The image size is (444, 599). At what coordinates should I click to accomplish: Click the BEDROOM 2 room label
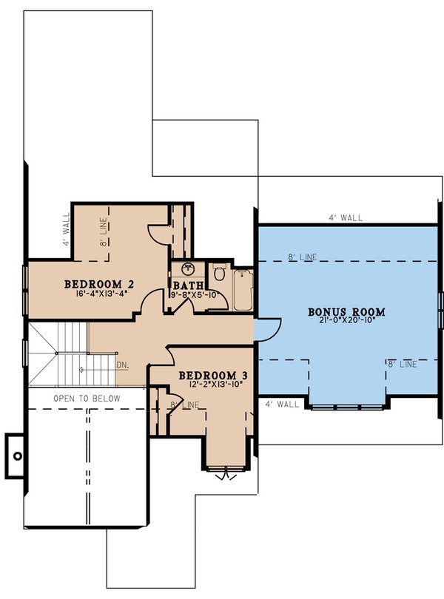[x=98, y=284]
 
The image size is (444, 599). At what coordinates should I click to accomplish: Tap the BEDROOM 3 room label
[x=213, y=376]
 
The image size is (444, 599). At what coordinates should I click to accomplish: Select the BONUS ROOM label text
[x=346, y=311]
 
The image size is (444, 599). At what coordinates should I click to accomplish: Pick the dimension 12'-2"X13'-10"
[x=213, y=386]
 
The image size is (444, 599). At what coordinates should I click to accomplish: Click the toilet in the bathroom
[x=219, y=274]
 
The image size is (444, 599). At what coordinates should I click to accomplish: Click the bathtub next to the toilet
[x=243, y=291]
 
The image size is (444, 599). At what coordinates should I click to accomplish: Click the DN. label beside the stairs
[x=123, y=365]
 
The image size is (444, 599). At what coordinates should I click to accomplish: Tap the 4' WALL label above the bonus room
[x=346, y=218]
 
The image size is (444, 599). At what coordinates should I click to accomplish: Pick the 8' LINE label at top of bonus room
[x=302, y=257]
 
